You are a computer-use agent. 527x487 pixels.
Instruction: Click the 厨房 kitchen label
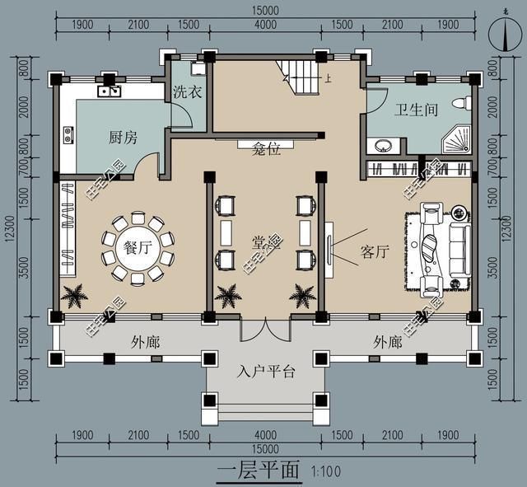point(122,138)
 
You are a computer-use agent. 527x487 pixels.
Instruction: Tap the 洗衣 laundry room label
point(187,92)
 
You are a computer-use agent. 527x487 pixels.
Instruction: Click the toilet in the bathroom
point(466,104)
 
